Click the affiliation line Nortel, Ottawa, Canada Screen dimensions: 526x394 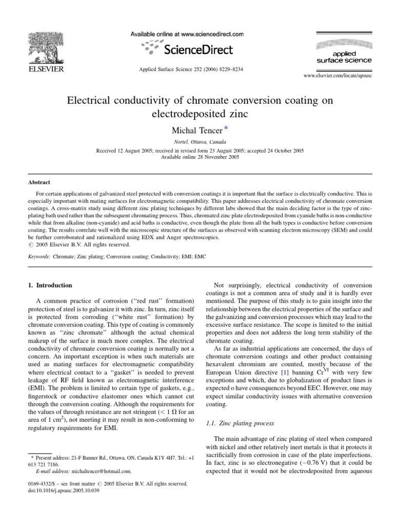(197, 142)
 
